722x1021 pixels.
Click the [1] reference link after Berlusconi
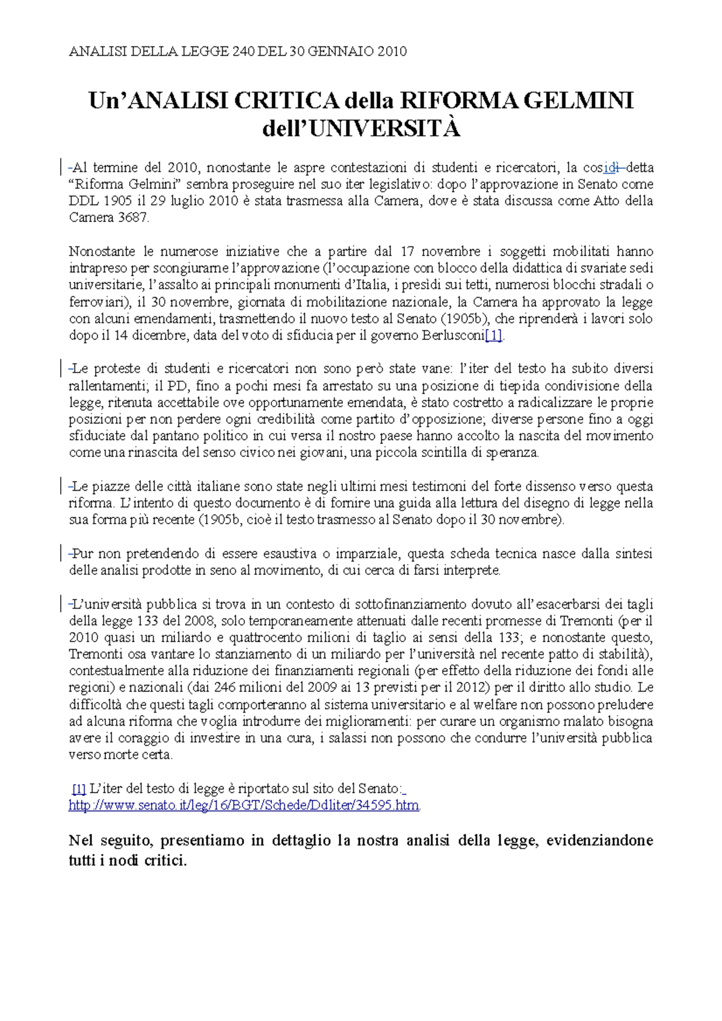point(493,336)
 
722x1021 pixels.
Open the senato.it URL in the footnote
point(244,805)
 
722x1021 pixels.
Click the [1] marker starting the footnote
point(79,788)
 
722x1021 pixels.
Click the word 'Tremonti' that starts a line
point(94,654)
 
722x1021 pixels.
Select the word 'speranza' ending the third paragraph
point(516,453)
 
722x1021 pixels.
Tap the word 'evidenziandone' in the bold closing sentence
point(599,840)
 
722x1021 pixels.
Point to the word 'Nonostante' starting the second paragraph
point(100,251)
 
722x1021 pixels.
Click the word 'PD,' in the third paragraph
point(178,386)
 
